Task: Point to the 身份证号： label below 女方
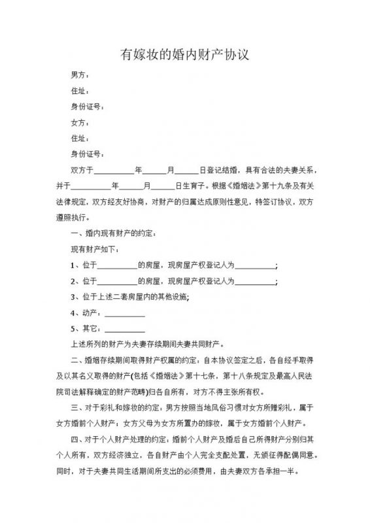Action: [x=87, y=154]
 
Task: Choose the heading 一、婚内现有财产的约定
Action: [x=114, y=233]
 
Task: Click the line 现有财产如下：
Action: [x=95, y=249]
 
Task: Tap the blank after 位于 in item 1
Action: [x=117, y=265]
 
